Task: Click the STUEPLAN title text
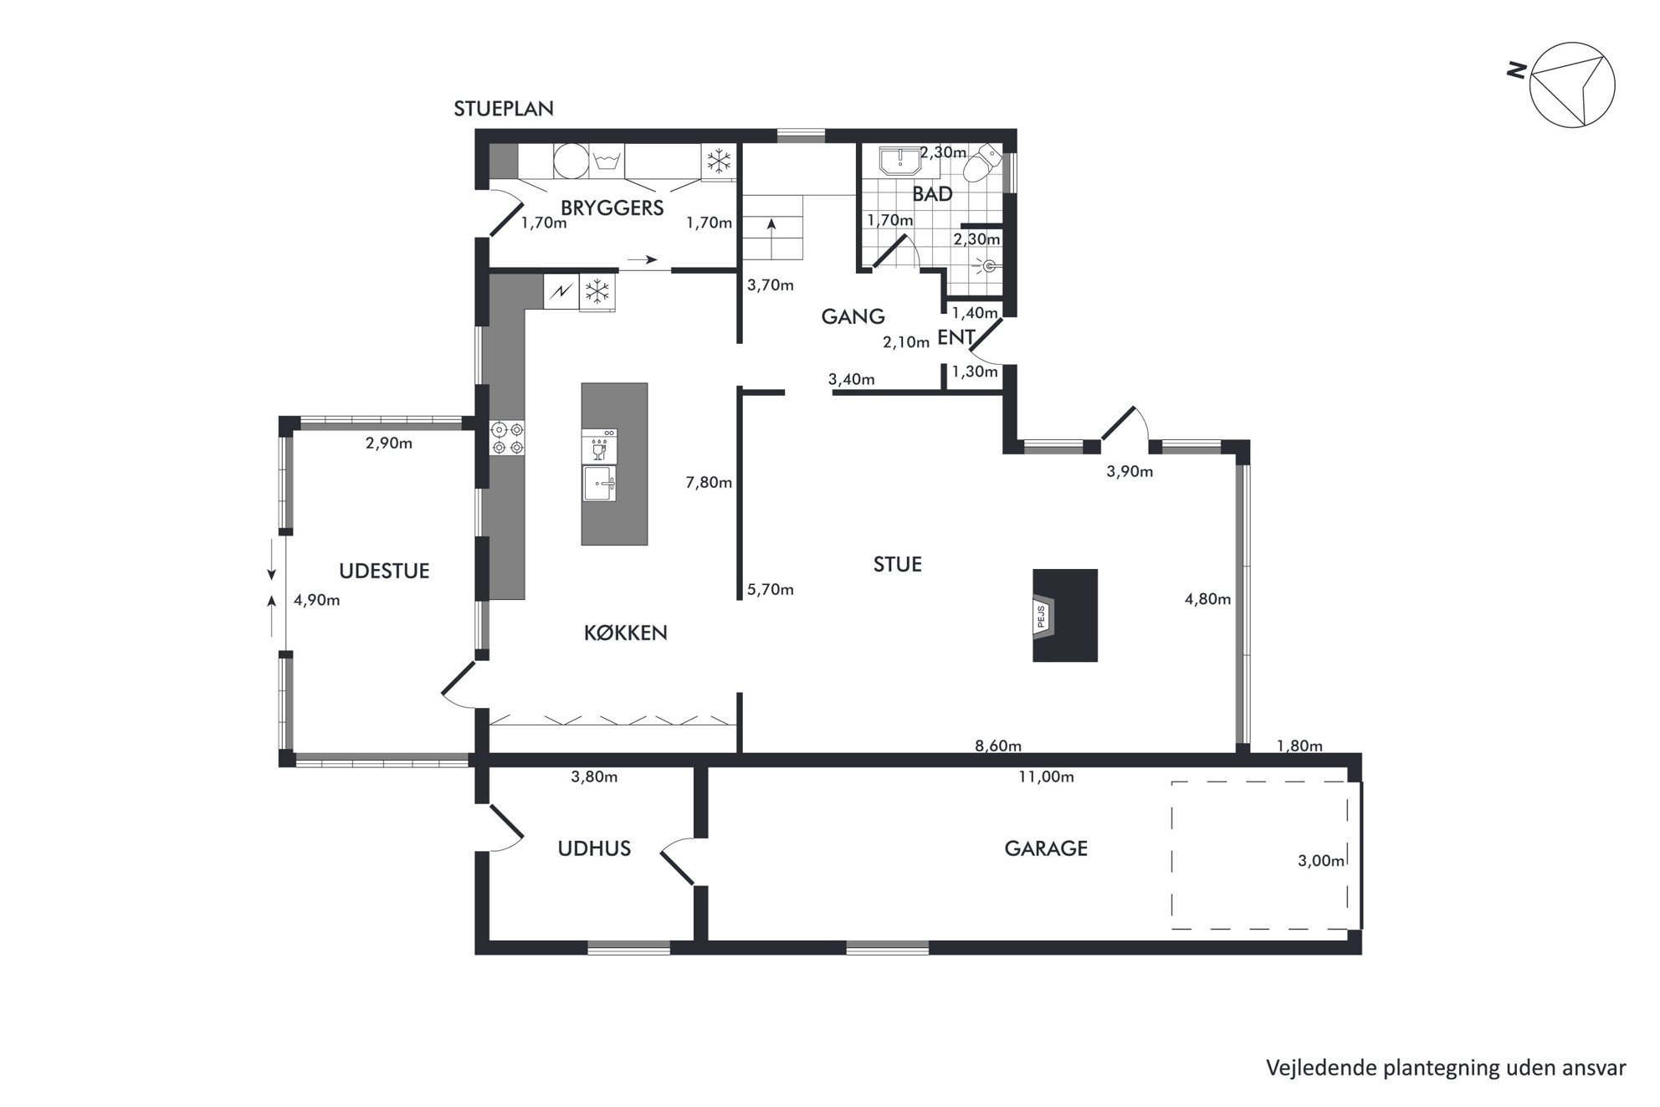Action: pyautogui.click(x=504, y=109)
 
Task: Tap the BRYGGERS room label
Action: pyautogui.click(x=612, y=208)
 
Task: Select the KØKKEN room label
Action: pyautogui.click(x=626, y=633)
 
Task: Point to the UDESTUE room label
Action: pyautogui.click(x=384, y=571)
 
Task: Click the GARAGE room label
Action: pyautogui.click(x=1046, y=848)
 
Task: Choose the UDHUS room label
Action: pyautogui.click(x=594, y=849)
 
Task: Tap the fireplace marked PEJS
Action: pyautogui.click(x=1064, y=616)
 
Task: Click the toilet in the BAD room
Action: pyautogui.click(x=981, y=164)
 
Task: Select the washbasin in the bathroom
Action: pyautogui.click(x=899, y=161)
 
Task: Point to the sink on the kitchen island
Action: pyautogui.click(x=599, y=484)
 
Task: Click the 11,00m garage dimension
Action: pyautogui.click(x=1046, y=777)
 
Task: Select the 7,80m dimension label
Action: pyautogui.click(x=709, y=483)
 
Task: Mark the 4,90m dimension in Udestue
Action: pyautogui.click(x=317, y=600)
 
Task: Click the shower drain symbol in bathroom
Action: pyautogui.click(x=989, y=267)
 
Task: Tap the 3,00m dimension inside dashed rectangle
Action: pyautogui.click(x=1321, y=861)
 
